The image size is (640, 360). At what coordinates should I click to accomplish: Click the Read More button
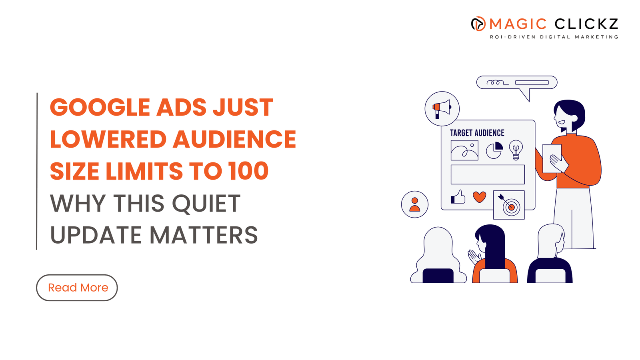tap(77, 288)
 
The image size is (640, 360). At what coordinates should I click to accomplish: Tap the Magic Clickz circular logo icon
tap(478, 24)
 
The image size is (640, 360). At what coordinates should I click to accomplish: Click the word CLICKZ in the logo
tap(586, 24)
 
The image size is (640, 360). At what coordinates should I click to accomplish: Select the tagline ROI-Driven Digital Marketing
tap(554, 37)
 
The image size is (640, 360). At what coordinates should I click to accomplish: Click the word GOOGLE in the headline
tap(100, 108)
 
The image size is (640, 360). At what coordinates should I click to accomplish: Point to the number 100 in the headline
tap(248, 171)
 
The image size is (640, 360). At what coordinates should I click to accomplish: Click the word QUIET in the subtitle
tap(206, 204)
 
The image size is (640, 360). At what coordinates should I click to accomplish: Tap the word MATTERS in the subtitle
tap(204, 235)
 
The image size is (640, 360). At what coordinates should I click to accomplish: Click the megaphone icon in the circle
tap(442, 109)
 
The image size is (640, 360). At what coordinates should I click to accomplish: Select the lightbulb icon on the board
tap(516, 150)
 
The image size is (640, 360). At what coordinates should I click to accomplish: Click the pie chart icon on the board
tap(494, 150)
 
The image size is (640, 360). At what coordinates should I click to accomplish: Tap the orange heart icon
tap(480, 197)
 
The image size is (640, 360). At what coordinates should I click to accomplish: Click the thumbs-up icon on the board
tap(458, 197)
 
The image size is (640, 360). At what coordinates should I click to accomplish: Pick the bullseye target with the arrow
tap(509, 205)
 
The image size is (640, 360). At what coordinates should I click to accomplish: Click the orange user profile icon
tap(414, 204)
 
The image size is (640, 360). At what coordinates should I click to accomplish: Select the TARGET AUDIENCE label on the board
tap(477, 133)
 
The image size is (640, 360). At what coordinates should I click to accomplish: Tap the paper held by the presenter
tap(552, 158)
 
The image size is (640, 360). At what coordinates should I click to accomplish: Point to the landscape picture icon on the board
tap(464, 150)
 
